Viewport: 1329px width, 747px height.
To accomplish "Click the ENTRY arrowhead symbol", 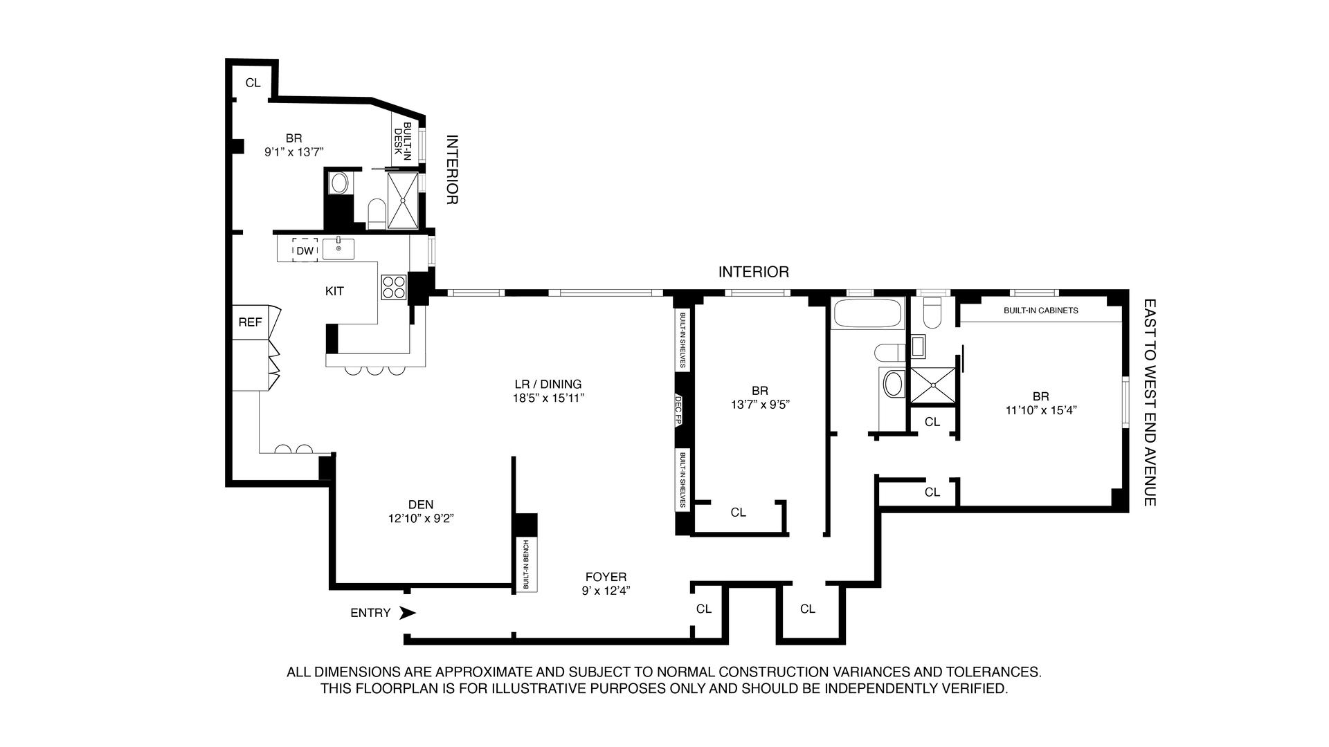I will point(408,613).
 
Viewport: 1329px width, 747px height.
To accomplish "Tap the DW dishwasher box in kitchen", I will point(305,250).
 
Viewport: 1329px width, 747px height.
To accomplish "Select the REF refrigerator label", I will point(250,322).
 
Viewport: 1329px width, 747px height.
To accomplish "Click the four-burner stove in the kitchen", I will point(394,287).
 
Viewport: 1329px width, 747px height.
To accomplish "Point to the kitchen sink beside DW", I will point(338,248).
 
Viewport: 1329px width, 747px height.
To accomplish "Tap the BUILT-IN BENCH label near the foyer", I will point(526,564).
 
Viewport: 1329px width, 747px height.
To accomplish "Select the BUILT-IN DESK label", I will point(403,144).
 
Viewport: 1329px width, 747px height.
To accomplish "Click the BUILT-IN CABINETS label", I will point(1040,311).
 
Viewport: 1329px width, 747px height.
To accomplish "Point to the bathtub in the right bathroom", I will point(869,314).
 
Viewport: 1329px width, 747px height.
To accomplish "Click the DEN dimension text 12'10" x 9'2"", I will point(421,518).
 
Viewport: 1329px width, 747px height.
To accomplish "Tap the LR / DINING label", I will point(548,384).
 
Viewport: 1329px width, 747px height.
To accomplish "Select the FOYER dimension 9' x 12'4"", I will point(606,591).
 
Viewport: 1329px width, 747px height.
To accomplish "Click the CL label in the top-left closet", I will point(253,83).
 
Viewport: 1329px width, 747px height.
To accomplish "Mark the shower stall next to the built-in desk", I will point(403,200).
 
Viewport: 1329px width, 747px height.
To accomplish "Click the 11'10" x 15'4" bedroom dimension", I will point(1041,409).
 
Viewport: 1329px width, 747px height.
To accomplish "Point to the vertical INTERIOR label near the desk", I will point(451,169).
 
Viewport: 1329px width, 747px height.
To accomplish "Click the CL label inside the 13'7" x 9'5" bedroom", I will point(739,513).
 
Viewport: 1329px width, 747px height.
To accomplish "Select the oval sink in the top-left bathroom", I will point(339,183).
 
